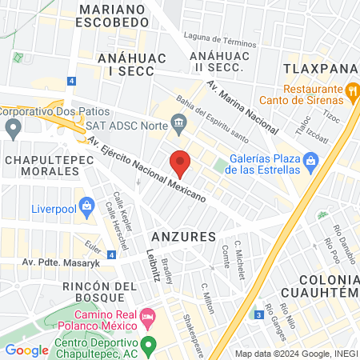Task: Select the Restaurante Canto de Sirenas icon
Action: [350, 91]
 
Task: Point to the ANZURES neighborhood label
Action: [183, 237]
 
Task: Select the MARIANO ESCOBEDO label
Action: [113, 15]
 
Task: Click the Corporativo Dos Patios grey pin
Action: [12, 127]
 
